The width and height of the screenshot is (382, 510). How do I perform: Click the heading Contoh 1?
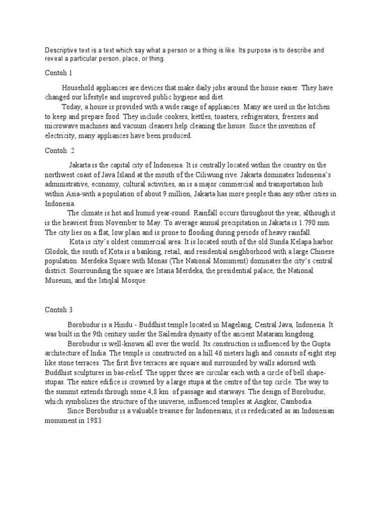(59, 73)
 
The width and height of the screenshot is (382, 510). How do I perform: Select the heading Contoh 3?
(59, 309)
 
